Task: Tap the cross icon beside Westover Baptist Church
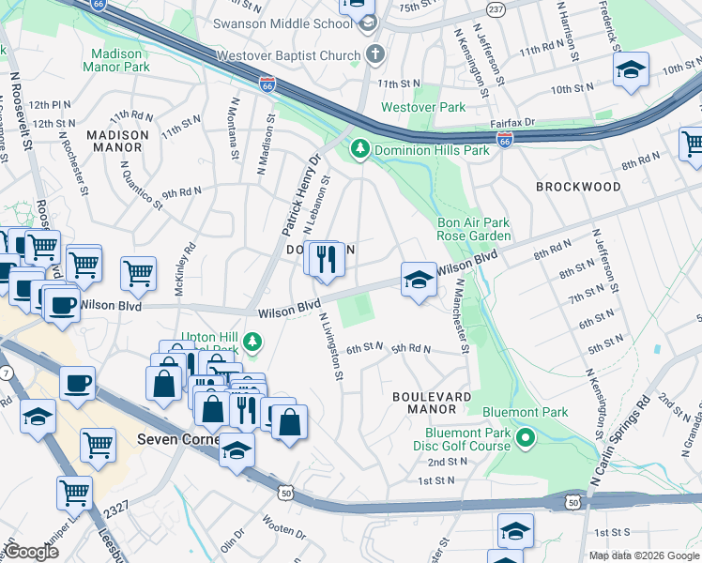click(375, 54)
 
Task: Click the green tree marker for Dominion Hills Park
click(359, 149)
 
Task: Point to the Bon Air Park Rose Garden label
click(474, 229)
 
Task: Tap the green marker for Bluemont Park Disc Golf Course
click(526, 437)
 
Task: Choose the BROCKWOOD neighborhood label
click(578, 187)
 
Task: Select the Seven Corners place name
click(176, 438)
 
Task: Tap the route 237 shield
click(496, 9)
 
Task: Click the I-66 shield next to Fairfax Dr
click(505, 139)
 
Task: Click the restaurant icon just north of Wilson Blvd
click(326, 259)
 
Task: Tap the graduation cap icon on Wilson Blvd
click(419, 279)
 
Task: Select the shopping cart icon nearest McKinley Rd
click(138, 273)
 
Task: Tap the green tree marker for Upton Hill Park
click(251, 339)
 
